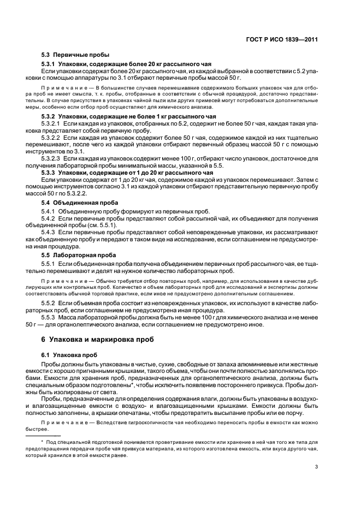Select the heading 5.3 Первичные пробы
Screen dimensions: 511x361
[75, 55]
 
